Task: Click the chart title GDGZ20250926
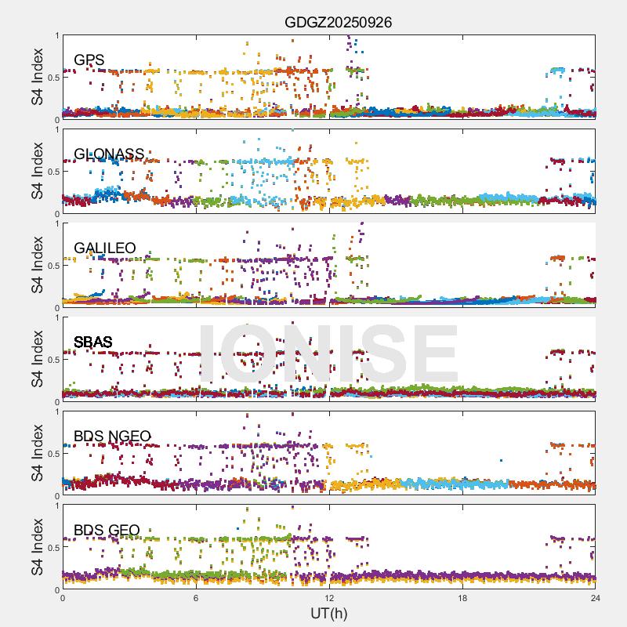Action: pos(338,23)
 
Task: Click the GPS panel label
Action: pos(89,60)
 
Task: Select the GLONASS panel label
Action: pos(109,154)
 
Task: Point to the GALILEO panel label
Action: pos(104,248)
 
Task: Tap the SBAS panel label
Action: pos(92,342)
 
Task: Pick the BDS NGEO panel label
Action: pos(111,437)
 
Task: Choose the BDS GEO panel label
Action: pos(107,531)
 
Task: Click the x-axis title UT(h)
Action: pos(328,613)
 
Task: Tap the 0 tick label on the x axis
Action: pos(63,598)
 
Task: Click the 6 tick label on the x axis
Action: pos(196,598)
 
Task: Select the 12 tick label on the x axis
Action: pos(329,598)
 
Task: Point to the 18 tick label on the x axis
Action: pos(462,598)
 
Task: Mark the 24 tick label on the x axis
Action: pos(595,598)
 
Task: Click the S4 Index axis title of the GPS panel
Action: pos(37,77)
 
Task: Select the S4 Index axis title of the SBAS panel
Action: pos(37,359)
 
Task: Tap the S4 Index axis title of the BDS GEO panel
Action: pos(37,547)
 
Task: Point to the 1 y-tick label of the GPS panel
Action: pos(56,36)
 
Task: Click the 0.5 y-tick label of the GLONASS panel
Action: pos(52,172)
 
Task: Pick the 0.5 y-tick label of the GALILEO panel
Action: pos(52,266)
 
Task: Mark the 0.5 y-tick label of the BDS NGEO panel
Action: pos(52,454)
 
